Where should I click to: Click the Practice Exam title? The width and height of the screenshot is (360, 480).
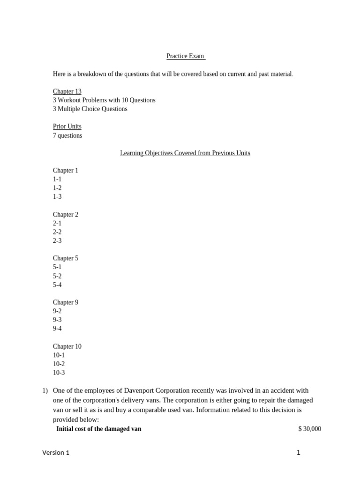click(185, 56)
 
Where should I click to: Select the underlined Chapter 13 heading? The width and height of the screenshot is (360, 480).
click(67, 91)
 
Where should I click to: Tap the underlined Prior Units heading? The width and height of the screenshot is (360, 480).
click(67, 127)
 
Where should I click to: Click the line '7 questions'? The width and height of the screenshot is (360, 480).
click(67, 135)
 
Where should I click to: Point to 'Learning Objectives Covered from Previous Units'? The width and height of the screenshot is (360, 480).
click(185, 153)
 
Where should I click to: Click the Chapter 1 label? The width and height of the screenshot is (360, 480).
click(66, 171)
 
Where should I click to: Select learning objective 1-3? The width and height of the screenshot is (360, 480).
click(57, 197)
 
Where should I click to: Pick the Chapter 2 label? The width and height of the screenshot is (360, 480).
click(66, 215)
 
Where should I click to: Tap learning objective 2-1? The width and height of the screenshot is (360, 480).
click(57, 224)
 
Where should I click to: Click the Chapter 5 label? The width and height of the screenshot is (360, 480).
click(66, 258)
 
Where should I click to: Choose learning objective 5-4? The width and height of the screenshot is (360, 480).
click(57, 285)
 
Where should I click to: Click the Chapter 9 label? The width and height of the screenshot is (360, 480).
click(66, 302)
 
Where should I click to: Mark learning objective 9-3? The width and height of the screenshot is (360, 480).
click(57, 320)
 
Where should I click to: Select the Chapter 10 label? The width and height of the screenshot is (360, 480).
click(67, 346)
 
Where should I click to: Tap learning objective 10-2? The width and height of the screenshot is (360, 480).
click(59, 364)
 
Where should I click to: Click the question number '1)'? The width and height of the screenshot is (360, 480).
click(45, 390)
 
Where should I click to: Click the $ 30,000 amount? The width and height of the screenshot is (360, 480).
click(309, 429)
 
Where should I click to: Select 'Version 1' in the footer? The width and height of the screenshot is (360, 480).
click(56, 453)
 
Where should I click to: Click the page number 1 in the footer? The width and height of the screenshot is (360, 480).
click(298, 453)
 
